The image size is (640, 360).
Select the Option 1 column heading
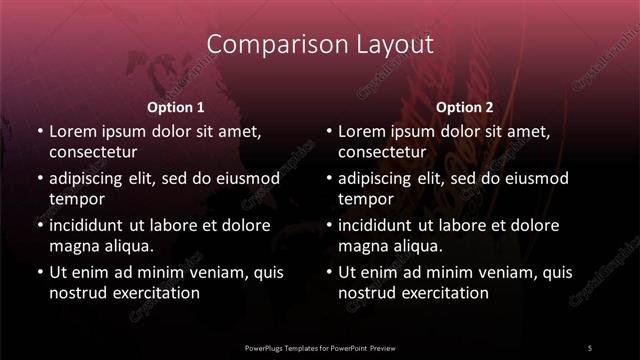[176, 107]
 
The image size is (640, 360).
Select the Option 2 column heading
[465, 107]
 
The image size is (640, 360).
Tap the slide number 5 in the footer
[590, 347]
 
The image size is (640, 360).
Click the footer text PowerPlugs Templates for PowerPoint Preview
[320, 347]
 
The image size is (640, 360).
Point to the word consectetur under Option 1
[93, 153]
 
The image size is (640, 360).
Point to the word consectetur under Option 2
[382, 153]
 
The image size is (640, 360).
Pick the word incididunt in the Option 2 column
[379, 225]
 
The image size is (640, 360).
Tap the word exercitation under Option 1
[155, 294]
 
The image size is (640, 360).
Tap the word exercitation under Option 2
[444, 294]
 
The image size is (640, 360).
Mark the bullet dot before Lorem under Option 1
[39, 132]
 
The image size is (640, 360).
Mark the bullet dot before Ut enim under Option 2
[328, 272]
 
